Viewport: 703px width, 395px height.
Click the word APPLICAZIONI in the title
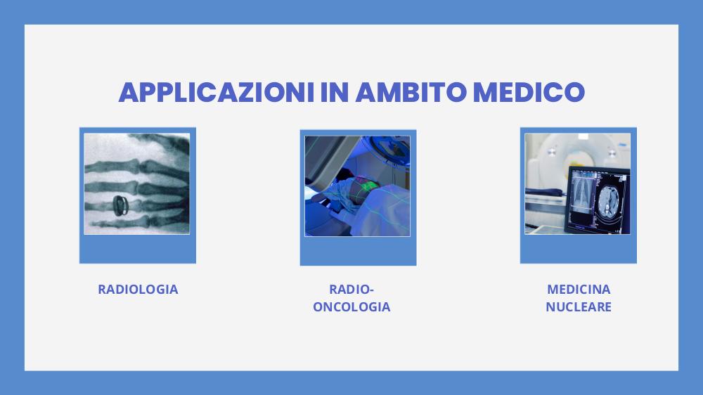(216, 92)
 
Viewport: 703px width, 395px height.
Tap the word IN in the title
(335, 92)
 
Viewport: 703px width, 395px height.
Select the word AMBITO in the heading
(411, 92)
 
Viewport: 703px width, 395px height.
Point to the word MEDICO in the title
(529, 92)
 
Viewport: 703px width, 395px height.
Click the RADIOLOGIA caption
(138, 289)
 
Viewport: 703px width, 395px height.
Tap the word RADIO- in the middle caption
(351, 289)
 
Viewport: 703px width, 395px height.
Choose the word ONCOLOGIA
(351, 306)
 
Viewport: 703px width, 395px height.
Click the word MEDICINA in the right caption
(579, 289)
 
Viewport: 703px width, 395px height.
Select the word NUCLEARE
(579, 306)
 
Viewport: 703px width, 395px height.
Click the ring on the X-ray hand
(120, 205)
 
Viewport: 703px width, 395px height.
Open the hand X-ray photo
(137, 184)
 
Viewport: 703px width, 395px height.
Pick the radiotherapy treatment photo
(357, 186)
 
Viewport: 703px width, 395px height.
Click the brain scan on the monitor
(608, 200)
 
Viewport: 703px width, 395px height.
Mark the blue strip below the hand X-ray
(138, 249)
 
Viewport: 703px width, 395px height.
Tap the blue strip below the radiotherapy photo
(358, 251)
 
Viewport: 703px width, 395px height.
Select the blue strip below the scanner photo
(579, 249)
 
